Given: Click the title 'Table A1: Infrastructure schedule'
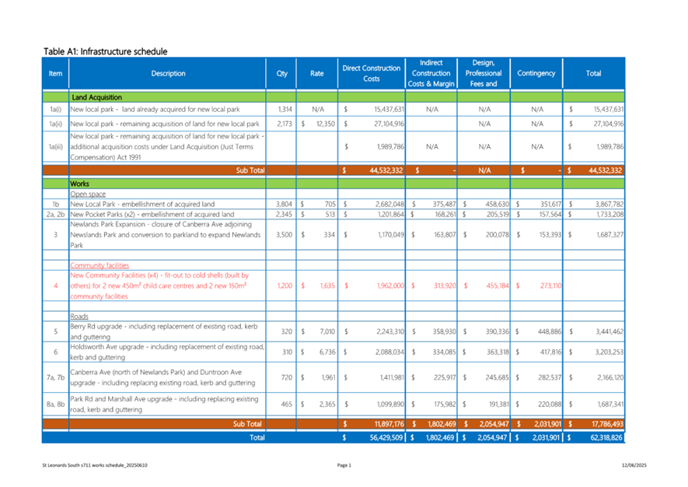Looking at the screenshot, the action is [x=105, y=51].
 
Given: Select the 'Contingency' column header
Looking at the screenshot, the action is [x=536, y=73].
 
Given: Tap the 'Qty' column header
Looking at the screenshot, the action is [x=281, y=73].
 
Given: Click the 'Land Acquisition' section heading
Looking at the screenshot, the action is [x=96, y=97].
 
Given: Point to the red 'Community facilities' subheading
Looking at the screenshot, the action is [x=100, y=265].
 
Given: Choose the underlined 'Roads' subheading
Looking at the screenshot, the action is [x=79, y=316].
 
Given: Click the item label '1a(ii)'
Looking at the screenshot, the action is [x=55, y=124].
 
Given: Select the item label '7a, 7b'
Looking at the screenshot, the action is [x=55, y=377].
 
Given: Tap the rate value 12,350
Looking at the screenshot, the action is [x=326, y=124].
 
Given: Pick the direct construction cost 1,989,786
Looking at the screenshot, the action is [x=390, y=147].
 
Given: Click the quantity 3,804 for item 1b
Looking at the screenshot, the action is [x=284, y=204].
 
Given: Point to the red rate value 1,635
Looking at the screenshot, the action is [x=327, y=286].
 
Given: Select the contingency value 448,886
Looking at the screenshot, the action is [x=550, y=331].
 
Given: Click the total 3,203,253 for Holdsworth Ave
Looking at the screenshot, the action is [x=609, y=352].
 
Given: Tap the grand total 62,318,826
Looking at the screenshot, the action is [x=606, y=437].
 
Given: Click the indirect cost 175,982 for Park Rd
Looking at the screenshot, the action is [x=445, y=404].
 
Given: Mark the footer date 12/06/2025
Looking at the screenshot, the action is [x=634, y=465].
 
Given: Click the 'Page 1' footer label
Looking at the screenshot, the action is [x=344, y=465].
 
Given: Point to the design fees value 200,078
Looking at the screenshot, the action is [x=497, y=235].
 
